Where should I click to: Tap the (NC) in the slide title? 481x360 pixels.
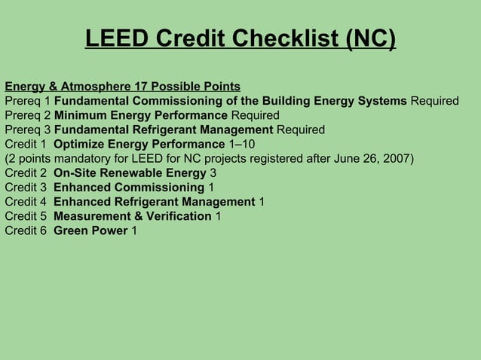[370, 38]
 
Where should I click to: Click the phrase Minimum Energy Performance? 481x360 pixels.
[141, 115]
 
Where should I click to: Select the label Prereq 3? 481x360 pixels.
[28, 130]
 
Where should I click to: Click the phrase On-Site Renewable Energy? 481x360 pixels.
[130, 173]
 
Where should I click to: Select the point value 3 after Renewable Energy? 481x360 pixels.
[213, 173]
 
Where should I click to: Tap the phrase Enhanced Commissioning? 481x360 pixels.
[129, 188]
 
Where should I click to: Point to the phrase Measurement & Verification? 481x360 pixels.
[133, 216]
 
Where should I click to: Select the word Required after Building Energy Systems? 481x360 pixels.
[434, 101]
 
